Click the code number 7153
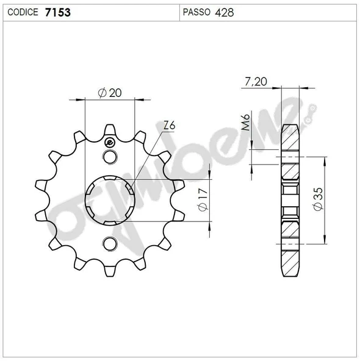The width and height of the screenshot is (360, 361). [58, 12]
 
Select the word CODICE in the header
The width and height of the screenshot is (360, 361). [23, 12]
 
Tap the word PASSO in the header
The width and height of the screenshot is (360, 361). [196, 12]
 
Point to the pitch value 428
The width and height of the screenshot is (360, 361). [225, 12]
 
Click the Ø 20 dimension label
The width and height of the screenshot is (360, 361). [110, 93]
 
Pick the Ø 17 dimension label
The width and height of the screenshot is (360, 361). [203, 199]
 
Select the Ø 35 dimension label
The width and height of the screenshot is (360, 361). [319, 199]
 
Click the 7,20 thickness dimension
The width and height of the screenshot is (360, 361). [256, 82]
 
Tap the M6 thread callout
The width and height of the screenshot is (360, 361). [246, 122]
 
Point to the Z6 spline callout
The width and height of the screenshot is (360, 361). [169, 126]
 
